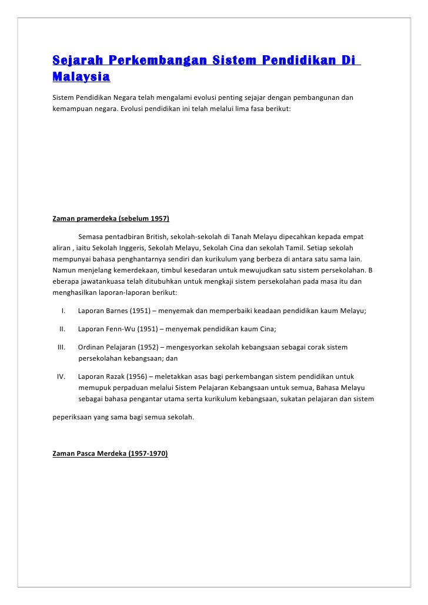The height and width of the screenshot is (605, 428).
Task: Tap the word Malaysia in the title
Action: click(x=81, y=77)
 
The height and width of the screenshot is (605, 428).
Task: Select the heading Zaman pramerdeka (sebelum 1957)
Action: click(x=111, y=219)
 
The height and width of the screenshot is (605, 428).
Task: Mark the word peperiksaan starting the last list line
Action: click(x=72, y=418)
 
